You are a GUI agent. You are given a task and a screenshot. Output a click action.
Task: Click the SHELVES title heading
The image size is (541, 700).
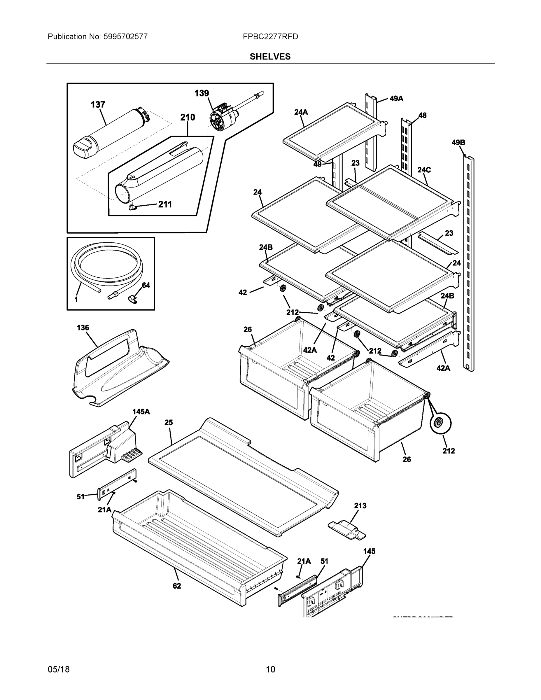click(x=270, y=57)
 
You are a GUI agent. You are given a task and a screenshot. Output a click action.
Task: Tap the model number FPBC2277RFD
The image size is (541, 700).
click(x=270, y=37)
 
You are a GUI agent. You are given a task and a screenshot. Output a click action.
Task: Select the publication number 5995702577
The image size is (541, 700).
click(x=125, y=37)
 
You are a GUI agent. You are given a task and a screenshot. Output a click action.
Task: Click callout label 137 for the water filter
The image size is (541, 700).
click(x=98, y=105)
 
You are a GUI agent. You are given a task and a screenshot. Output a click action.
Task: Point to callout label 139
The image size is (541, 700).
click(x=202, y=93)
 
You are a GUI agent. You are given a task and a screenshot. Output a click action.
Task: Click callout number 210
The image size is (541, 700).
click(x=188, y=117)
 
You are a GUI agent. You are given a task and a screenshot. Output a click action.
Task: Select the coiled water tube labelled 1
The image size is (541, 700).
click(x=106, y=269)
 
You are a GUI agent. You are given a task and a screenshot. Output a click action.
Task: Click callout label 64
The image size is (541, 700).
click(x=146, y=285)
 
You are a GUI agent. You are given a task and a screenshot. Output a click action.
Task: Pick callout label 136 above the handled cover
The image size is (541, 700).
click(x=83, y=328)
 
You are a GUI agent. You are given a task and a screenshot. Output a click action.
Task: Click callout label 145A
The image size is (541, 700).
click(x=141, y=412)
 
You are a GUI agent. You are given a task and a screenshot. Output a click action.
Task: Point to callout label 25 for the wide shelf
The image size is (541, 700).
click(x=169, y=422)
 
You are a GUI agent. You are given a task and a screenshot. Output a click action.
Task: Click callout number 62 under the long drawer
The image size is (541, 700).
click(x=177, y=586)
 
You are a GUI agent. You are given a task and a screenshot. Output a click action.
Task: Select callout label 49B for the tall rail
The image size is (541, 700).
click(x=458, y=143)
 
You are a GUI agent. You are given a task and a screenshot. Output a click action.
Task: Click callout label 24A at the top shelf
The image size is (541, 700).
click(x=301, y=112)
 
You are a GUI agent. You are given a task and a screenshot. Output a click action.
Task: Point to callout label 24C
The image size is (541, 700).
click(x=424, y=170)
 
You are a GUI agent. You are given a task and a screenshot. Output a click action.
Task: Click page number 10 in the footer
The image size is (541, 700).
click(x=270, y=670)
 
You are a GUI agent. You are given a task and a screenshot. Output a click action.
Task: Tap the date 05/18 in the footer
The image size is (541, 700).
click(x=59, y=670)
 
